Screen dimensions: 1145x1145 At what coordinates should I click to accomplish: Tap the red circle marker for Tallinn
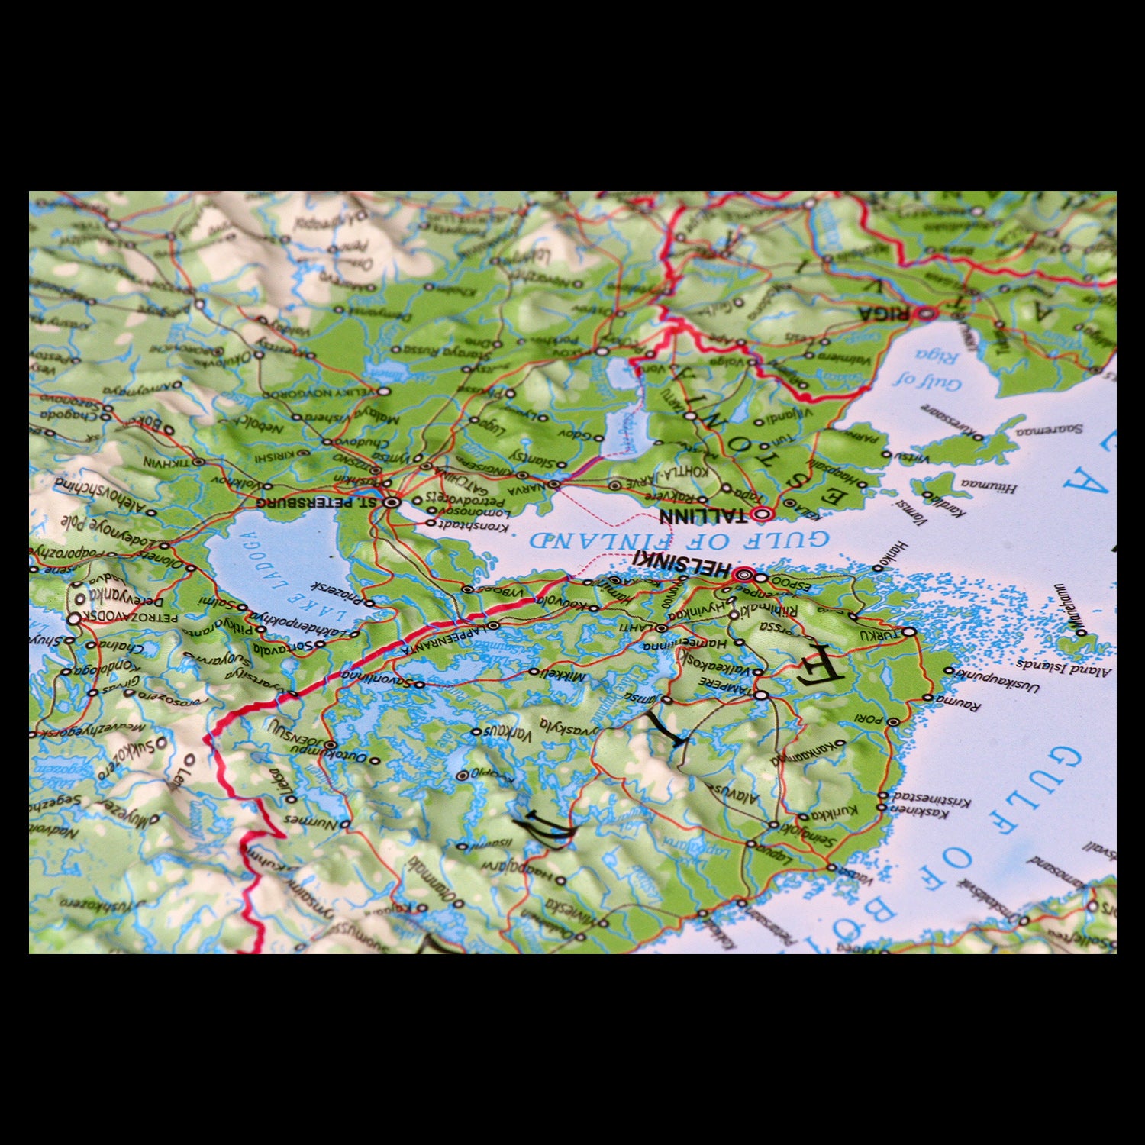point(760,514)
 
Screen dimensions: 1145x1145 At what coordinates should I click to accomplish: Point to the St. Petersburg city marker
point(392,502)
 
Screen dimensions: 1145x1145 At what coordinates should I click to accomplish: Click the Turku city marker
point(909,631)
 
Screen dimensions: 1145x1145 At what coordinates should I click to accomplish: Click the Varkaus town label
point(507,734)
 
